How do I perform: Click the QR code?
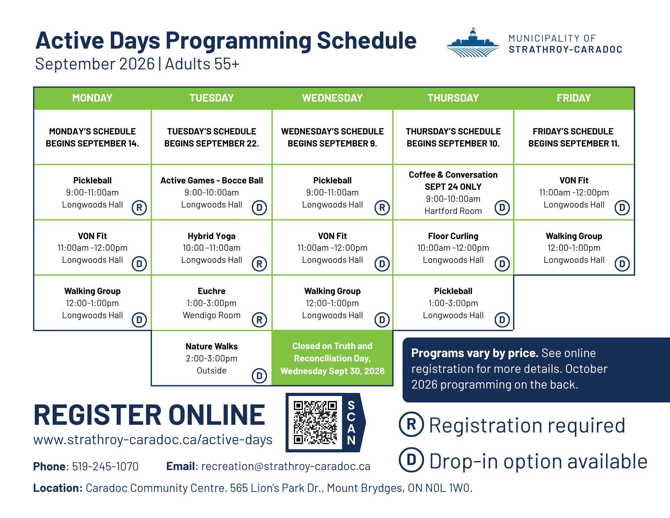coord(315,422)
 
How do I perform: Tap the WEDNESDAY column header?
coord(332,98)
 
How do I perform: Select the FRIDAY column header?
coord(574,98)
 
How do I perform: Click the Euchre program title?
coord(211,291)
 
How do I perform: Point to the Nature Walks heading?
coord(211,346)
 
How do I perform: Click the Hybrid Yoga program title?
coord(211,236)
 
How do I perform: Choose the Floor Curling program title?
coord(453,236)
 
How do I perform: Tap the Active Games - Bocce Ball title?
coord(211,180)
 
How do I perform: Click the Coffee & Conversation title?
coord(453,175)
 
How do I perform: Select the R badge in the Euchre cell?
coord(259,320)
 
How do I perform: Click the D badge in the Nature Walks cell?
coord(259,376)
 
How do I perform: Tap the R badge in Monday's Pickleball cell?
coord(139,208)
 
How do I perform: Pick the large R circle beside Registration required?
coord(411,424)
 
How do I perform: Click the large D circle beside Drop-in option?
coord(411,460)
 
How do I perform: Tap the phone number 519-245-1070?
coord(105,466)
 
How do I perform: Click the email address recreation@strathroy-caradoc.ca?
coord(286,466)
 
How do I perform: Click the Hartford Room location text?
coord(453,211)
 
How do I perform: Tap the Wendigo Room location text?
coord(211,315)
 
